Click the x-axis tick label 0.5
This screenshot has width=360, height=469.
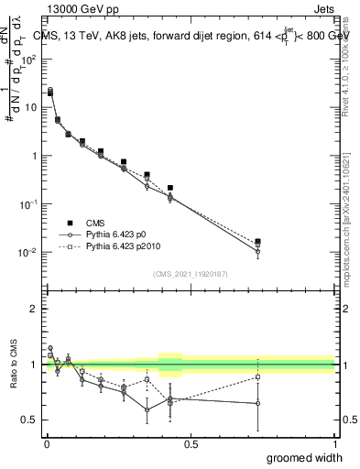pos(191,443)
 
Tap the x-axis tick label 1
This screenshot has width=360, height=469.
pos(334,443)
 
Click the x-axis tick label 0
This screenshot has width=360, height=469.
pos(46,443)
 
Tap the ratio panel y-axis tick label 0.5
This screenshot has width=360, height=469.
pos(30,420)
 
